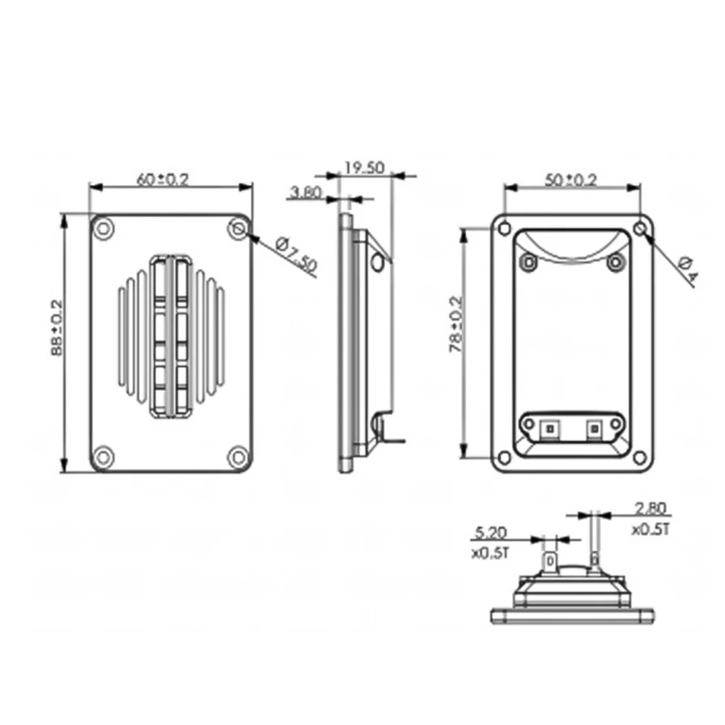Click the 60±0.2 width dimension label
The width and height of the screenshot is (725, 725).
(163, 179)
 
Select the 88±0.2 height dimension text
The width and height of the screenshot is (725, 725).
(56, 328)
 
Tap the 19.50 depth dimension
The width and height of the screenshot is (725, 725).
(364, 168)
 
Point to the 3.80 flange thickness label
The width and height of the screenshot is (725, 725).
(305, 191)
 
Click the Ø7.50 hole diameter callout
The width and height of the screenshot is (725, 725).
(297, 255)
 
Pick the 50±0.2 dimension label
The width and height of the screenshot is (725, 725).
(571, 179)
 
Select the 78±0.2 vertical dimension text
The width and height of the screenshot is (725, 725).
(456, 324)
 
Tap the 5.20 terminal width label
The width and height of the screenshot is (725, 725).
(490, 533)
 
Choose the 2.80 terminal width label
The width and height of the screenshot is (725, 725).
(651, 508)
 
